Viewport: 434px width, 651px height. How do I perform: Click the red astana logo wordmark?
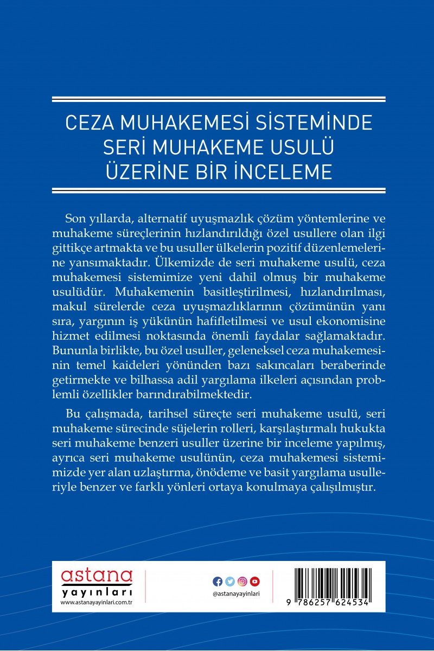click(97, 576)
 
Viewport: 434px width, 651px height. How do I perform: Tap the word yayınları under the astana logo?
click(97, 591)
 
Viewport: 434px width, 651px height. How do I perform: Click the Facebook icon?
click(218, 582)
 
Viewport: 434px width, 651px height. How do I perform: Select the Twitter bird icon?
click(230, 582)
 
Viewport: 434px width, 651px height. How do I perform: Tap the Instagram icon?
click(242, 582)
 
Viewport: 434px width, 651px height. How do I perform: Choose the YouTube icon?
click(255, 582)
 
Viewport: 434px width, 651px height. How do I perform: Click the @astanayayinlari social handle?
click(237, 594)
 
